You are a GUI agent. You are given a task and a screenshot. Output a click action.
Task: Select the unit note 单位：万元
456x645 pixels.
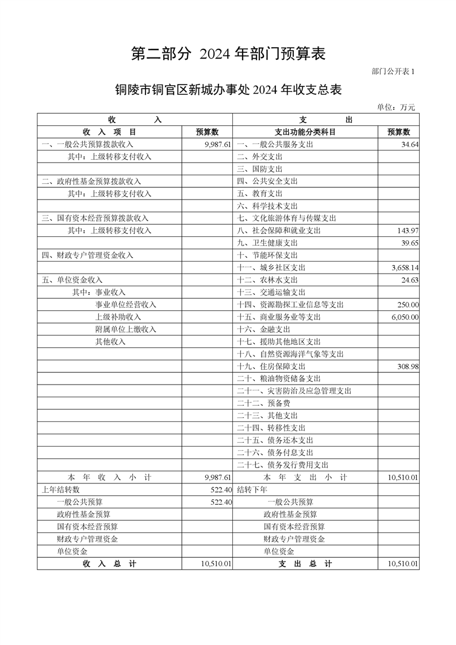tap(396, 107)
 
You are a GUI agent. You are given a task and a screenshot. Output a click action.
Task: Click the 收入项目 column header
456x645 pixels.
tap(109, 132)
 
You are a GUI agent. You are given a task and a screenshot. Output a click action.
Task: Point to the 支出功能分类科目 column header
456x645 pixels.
tap(305, 132)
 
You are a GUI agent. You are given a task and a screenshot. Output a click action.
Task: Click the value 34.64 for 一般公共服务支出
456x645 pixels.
tap(409, 145)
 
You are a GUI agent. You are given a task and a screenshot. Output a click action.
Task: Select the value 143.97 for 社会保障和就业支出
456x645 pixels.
tap(407, 231)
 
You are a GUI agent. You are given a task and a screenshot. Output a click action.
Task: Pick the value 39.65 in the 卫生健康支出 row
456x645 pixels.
tap(409, 243)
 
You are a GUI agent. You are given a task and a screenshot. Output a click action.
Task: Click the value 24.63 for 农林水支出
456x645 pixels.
tap(409, 280)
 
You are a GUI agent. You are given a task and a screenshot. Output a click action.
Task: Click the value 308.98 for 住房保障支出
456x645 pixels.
tap(407, 367)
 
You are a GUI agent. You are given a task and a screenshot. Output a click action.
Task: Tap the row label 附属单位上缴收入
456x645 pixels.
tap(125, 329)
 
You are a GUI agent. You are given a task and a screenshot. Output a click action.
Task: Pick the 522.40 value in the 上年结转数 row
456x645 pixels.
tap(221, 490)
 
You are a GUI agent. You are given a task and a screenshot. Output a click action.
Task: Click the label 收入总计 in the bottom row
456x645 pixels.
tap(109, 565)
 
